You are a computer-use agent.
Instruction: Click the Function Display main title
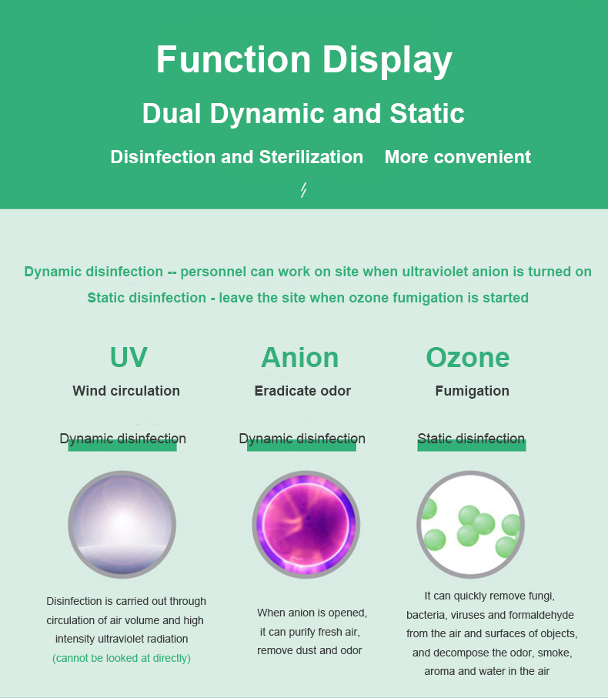304,60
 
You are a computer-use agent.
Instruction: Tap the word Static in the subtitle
427,113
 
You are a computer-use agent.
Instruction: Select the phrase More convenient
458,157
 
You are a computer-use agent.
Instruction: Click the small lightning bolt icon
303,189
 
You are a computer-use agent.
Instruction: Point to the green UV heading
129,357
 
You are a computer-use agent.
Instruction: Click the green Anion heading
300,357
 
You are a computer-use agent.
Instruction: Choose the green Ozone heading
468,357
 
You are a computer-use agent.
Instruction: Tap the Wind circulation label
126,390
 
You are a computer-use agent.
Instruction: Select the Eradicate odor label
302,390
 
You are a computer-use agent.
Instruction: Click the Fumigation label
473,390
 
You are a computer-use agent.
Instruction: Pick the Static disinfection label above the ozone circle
471,439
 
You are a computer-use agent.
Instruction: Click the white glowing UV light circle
122,525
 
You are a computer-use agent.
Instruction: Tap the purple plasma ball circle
306,525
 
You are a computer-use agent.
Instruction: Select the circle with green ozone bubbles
470,525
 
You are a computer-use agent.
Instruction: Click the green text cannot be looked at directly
122,658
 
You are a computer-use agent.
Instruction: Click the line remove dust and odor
309,650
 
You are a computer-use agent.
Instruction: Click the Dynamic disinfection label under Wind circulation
123,439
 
